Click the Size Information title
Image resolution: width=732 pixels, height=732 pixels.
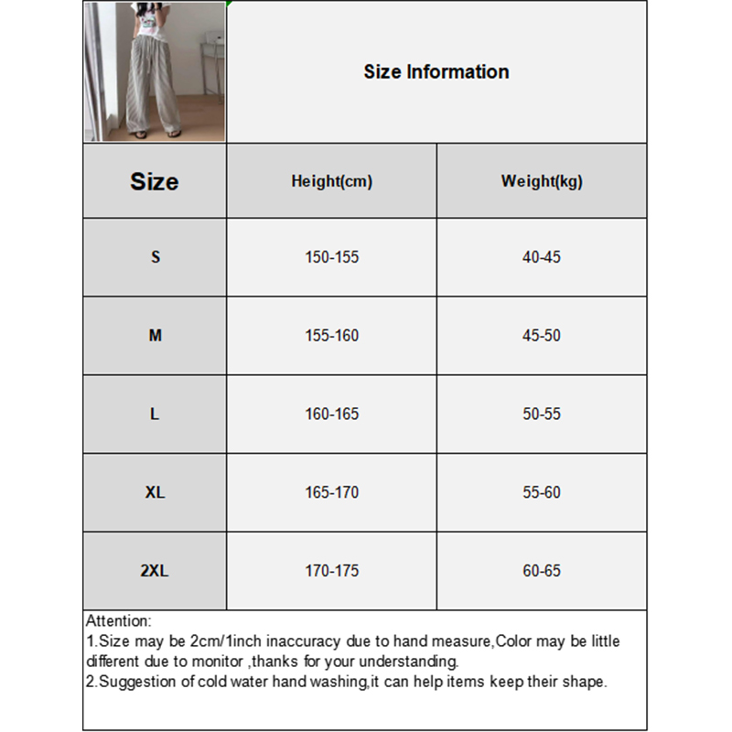tap(436, 72)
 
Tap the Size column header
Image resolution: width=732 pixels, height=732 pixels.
tap(155, 181)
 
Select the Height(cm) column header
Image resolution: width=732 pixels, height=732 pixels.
tap(331, 181)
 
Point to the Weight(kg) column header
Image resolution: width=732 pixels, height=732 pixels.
tap(542, 181)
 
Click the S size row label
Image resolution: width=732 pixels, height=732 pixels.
tap(155, 257)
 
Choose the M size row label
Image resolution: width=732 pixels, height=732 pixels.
tap(155, 336)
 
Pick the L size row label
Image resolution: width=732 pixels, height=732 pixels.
tap(155, 414)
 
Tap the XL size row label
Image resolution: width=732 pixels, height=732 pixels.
tap(155, 492)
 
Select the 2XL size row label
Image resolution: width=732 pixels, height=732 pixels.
tap(155, 571)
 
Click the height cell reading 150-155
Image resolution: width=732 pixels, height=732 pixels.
tap(331, 257)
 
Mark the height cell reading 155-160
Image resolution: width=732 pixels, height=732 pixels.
tap(331, 336)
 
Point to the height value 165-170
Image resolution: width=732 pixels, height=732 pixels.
tap(331, 492)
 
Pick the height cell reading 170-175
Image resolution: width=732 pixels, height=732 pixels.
tap(331, 571)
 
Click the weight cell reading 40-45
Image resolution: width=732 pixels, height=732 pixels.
tap(542, 257)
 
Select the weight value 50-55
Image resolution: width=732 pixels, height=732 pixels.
tap(542, 414)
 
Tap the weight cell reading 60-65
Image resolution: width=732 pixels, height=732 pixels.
tap(542, 571)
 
